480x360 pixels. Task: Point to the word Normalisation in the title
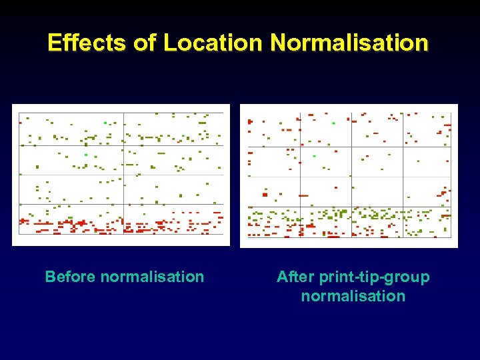click(x=350, y=43)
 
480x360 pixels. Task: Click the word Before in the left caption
click(x=70, y=277)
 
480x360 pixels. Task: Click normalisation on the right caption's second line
click(x=353, y=296)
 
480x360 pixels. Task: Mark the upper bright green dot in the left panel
click(x=105, y=123)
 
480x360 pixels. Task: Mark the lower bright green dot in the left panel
click(x=85, y=155)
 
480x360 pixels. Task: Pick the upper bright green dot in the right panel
click(x=333, y=123)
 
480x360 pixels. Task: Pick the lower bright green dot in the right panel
click(x=314, y=156)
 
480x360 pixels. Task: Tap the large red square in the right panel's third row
click(x=265, y=195)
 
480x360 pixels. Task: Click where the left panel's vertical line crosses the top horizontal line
click(x=123, y=146)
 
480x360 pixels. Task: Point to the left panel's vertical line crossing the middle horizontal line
click(x=123, y=175)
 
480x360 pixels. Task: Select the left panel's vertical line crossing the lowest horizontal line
click(x=123, y=204)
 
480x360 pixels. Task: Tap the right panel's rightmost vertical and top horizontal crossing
click(x=404, y=147)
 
